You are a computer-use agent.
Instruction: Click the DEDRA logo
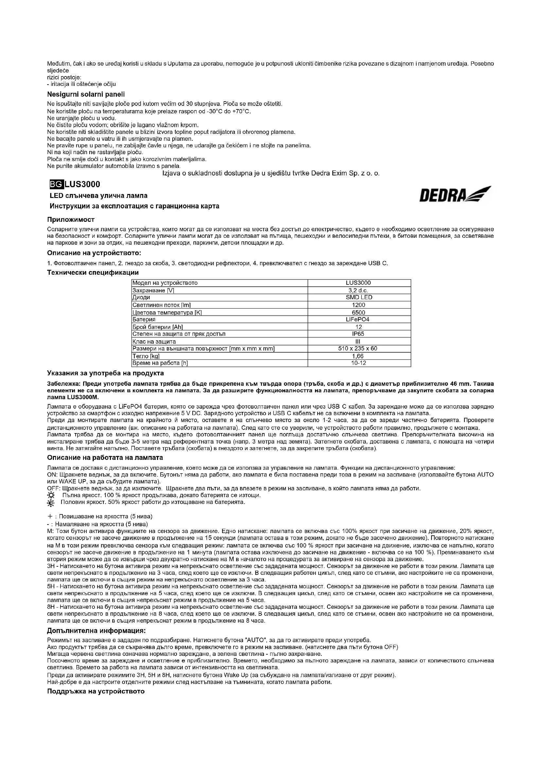[x=455, y=194]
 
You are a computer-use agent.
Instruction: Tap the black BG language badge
[x=54, y=184]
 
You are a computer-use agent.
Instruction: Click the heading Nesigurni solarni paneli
[x=86, y=95]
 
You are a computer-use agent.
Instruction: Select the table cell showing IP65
[x=358, y=334]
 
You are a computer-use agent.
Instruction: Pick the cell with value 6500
[x=358, y=313]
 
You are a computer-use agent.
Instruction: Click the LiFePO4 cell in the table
[x=358, y=319]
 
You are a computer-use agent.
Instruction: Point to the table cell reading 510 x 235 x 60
[x=358, y=349]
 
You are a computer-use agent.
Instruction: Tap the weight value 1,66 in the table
[x=358, y=356]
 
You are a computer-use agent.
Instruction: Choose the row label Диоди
[x=141, y=297]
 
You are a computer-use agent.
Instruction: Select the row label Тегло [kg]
[x=145, y=356]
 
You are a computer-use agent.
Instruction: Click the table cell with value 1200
[x=358, y=305]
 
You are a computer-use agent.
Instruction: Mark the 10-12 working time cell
[x=358, y=363]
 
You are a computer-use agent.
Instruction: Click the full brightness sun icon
[x=51, y=496]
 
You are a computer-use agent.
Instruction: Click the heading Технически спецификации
[x=93, y=272]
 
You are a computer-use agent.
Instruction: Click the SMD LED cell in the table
[x=358, y=297]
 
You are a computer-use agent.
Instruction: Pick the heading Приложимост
[x=71, y=219]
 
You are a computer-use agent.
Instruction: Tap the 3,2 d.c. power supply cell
[x=358, y=290]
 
